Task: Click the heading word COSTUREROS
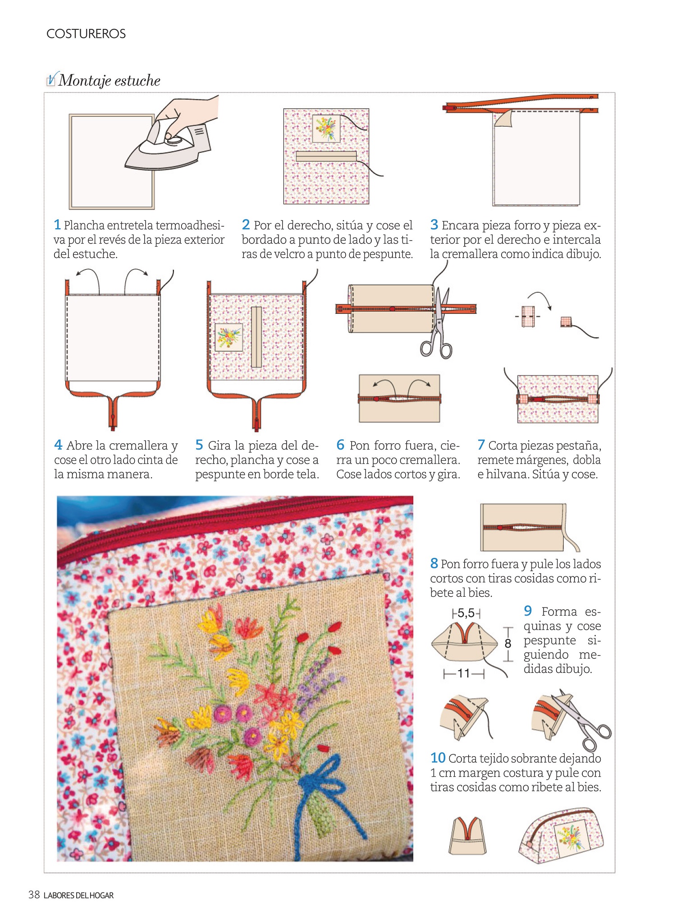86,34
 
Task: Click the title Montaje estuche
110,81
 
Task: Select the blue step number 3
434,224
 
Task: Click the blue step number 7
481,445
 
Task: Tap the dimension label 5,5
466,613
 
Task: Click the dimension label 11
464,673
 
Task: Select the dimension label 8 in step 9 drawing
508,644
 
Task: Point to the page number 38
34,895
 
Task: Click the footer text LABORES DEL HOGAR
78,895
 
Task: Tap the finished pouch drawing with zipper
561,836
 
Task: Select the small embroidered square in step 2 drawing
326,128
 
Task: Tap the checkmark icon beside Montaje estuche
52,79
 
